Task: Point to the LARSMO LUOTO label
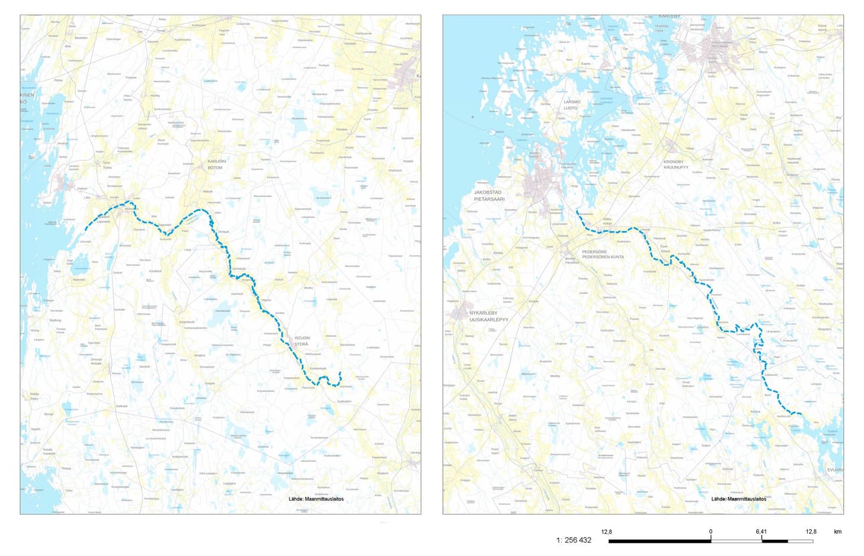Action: click(571, 105)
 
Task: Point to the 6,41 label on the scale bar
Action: click(761, 532)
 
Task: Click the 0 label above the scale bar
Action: click(710, 532)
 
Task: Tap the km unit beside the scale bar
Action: click(837, 532)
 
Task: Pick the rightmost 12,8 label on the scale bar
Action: click(810, 532)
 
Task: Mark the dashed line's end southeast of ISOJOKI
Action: click(340, 372)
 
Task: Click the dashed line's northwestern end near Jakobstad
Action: click(577, 212)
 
